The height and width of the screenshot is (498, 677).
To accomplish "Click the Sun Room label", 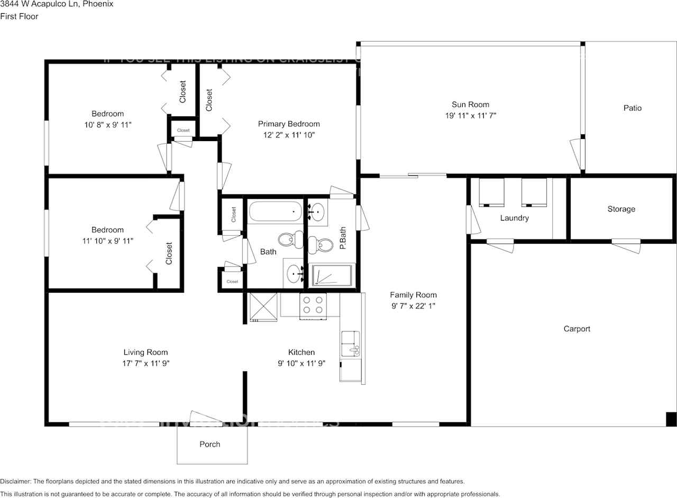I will pyautogui.click(x=470, y=105).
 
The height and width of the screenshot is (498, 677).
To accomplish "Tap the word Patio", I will pyautogui.click(x=632, y=108).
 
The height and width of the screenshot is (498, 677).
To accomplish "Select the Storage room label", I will pyautogui.click(x=621, y=209).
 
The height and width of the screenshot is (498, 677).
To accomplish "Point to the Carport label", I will pyautogui.click(x=577, y=329).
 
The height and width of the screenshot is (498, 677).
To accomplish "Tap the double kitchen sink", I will pyautogui.click(x=350, y=344).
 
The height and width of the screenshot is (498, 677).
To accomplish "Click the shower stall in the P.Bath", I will pyautogui.click(x=332, y=275).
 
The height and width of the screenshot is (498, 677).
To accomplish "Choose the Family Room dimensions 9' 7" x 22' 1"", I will pyautogui.click(x=413, y=306).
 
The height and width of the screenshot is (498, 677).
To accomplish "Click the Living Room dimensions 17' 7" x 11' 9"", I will pyautogui.click(x=145, y=363).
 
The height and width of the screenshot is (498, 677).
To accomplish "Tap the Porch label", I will pyautogui.click(x=210, y=444).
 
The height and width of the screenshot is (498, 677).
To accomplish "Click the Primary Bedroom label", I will pyautogui.click(x=289, y=124).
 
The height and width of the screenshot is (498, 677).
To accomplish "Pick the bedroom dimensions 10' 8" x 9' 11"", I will pyautogui.click(x=107, y=124).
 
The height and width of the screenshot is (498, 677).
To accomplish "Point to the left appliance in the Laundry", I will pyautogui.click(x=491, y=192).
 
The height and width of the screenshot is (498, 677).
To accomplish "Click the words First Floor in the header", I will pyautogui.click(x=19, y=16).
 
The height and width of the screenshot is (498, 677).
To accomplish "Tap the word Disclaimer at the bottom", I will pyautogui.click(x=15, y=482).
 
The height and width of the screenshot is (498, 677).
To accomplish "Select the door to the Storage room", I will pyautogui.click(x=626, y=245).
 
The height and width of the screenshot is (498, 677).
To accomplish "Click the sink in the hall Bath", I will pyautogui.click(x=294, y=273).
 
